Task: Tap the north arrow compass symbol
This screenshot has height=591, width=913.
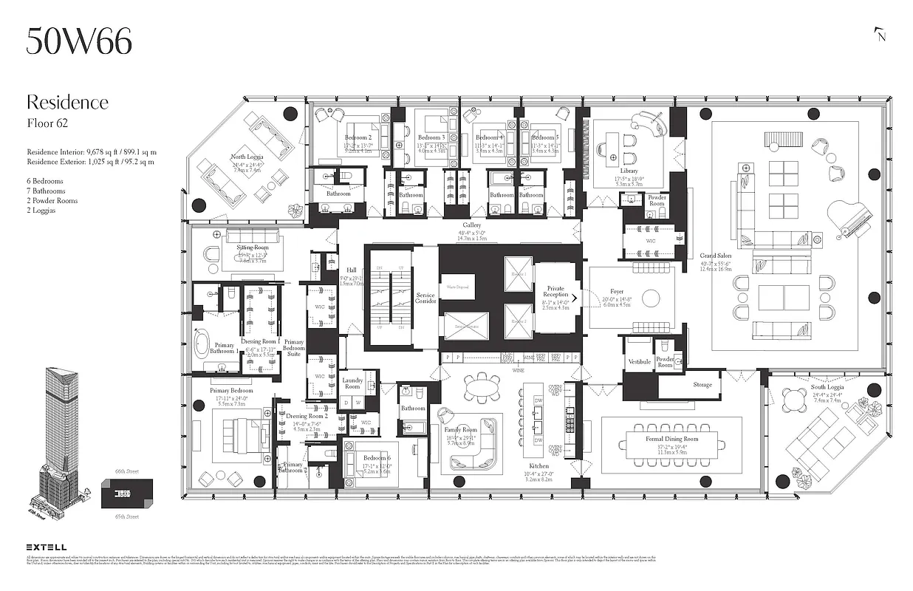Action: coord(879,34)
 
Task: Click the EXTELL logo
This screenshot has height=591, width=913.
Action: coord(47,547)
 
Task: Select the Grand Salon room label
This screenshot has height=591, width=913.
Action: coord(716,256)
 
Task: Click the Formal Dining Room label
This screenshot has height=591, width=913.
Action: coord(671,440)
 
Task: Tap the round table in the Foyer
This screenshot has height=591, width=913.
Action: coord(650,298)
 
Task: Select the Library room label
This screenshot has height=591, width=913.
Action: coord(629,171)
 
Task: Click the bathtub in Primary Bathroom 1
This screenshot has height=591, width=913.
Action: coord(202,344)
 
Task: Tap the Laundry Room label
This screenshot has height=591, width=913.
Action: coord(352,383)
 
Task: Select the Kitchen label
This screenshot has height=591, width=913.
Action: coord(538,465)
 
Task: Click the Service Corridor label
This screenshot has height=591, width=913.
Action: coord(425,298)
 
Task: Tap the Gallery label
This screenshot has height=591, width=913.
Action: coord(472,225)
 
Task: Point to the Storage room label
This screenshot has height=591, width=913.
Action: coord(702,384)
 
